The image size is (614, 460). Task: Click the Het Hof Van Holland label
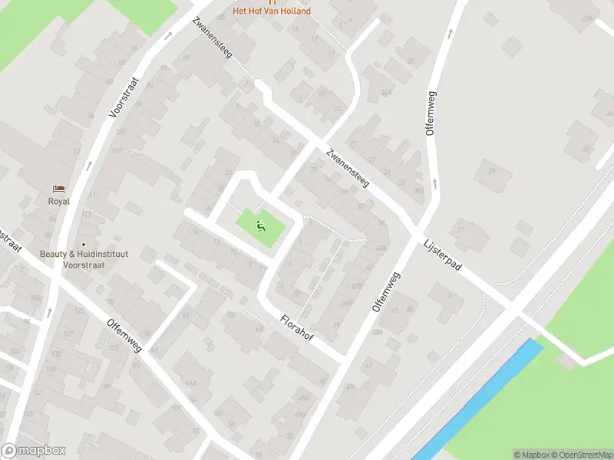pyautogui.click(x=272, y=11)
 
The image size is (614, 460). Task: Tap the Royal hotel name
pyautogui.click(x=58, y=202)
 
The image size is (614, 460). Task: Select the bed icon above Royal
pyautogui.click(x=58, y=189)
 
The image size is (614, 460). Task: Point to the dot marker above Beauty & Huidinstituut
pyautogui.click(x=84, y=245)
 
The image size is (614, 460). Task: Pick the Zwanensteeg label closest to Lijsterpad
pyautogui.click(x=347, y=169)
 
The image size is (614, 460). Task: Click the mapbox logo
pyautogui.click(x=34, y=451)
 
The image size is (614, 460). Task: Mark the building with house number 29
pyautogui.click(x=491, y=171)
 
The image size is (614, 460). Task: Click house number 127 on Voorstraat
pyautogui.click(x=68, y=333)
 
